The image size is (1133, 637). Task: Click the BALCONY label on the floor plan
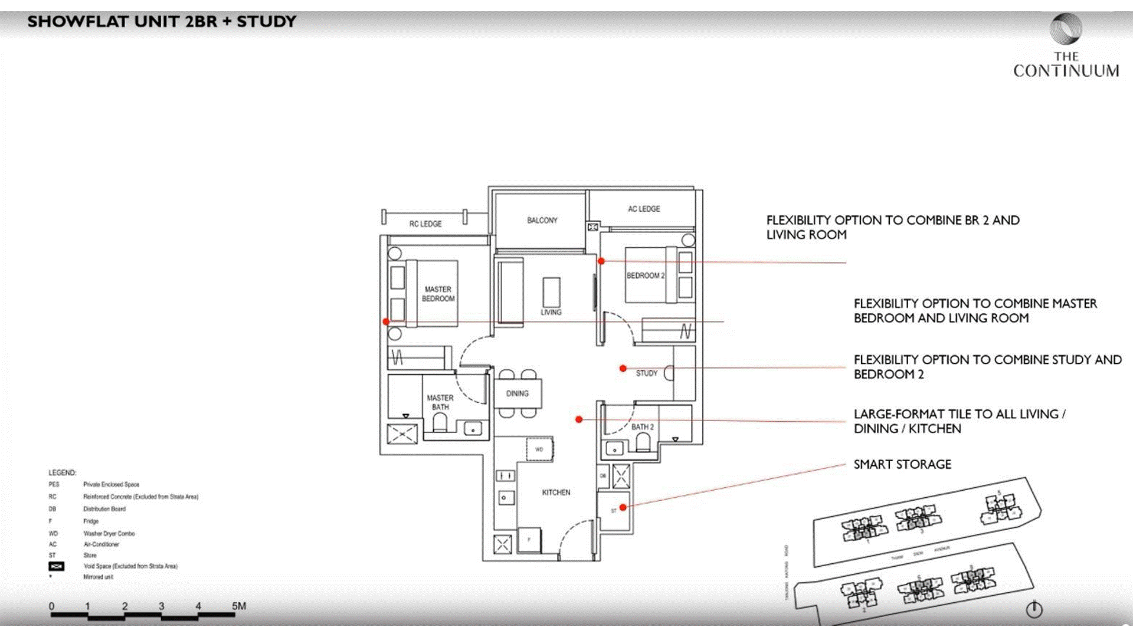[x=542, y=220]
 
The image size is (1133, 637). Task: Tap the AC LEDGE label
[x=644, y=209]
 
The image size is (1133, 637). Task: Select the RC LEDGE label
[x=425, y=224]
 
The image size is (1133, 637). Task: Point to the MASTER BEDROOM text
[x=438, y=294]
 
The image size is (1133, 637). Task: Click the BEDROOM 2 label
[x=645, y=275]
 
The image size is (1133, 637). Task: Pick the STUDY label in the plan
[x=646, y=373]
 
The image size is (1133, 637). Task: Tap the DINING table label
[x=517, y=393]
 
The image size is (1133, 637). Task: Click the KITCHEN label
[x=556, y=492]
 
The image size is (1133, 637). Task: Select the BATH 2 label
[x=643, y=426]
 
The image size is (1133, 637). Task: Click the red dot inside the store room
[x=623, y=507]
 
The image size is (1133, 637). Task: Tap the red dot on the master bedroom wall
[x=386, y=321]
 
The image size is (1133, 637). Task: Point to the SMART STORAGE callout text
[x=902, y=464]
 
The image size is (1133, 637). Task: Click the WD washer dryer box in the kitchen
[x=539, y=449]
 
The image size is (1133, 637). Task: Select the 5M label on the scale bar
[x=238, y=606]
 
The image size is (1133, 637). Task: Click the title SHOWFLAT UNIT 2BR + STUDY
[x=162, y=22]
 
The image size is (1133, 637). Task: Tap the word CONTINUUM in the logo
[x=1066, y=71]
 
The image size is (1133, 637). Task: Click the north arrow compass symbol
[x=1034, y=609]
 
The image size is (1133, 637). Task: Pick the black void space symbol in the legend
[x=56, y=566]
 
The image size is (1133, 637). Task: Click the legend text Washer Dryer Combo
[x=109, y=533]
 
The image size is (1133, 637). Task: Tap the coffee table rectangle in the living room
[x=551, y=292]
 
